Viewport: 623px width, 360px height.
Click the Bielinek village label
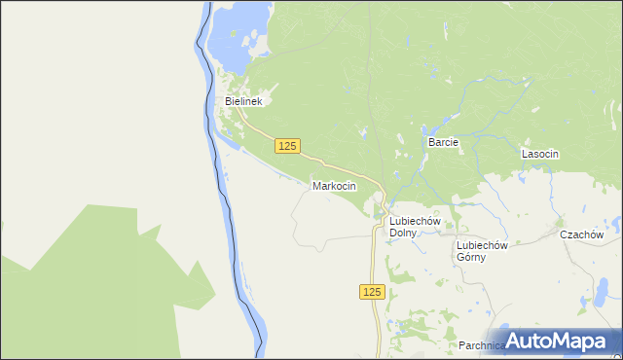pos(244,100)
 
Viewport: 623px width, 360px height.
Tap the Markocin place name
pos(334,185)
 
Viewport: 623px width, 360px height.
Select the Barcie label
pos(443,142)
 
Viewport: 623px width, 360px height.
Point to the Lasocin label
pos(539,154)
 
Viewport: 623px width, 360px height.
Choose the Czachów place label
pos(581,234)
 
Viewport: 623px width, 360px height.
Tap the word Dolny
pos(403,234)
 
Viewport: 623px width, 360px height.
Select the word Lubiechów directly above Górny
pos(484,245)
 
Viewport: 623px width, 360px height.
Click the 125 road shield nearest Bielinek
pos(286,145)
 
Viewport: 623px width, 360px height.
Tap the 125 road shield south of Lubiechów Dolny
pos(372,292)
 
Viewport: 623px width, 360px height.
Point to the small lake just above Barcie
pos(426,128)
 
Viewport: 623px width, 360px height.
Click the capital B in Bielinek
pos(229,100)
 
